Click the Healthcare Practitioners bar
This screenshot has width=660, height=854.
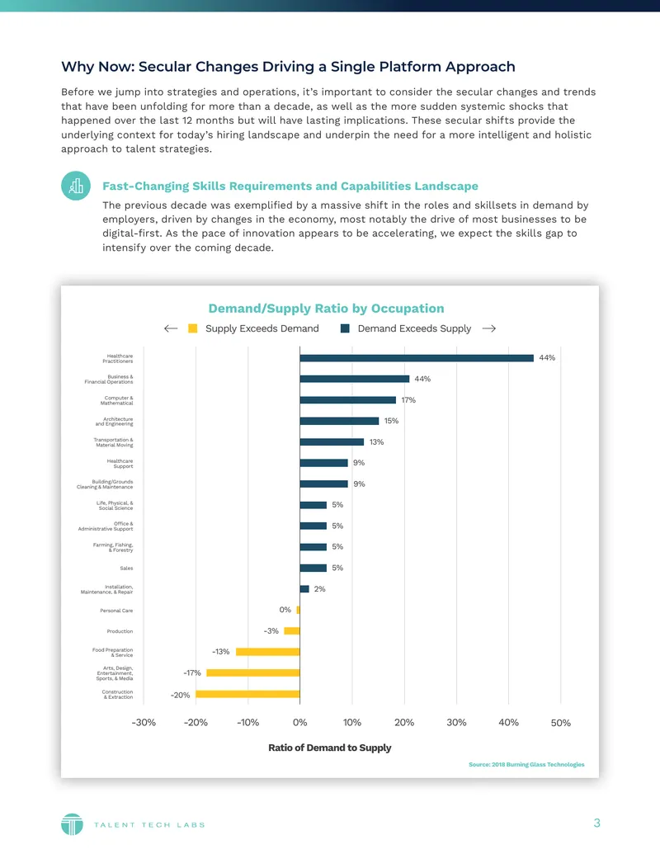417,358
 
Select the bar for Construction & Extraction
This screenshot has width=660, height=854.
247,694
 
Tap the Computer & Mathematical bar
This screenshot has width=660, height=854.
348,399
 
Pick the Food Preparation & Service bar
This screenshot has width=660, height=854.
268,652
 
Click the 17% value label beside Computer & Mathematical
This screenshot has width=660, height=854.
408,399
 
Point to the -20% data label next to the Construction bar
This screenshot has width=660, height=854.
180,695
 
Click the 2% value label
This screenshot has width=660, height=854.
319,589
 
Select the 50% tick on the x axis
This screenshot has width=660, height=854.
561,723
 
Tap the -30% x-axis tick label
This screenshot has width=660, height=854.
144,723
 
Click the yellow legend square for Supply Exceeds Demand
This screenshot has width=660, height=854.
193,328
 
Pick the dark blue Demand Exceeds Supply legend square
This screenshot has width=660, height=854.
345,328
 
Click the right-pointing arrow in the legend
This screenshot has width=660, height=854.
489,328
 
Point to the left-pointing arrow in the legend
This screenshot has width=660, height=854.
171,328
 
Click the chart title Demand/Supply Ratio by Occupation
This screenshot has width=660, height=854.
326,309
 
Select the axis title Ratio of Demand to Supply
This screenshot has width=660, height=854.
330,748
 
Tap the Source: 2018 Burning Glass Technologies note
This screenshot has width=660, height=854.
526,765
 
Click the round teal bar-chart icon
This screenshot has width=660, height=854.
76,186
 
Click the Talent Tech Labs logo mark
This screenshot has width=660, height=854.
72,824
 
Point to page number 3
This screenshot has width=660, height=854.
596,823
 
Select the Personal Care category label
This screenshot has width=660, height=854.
116,611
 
